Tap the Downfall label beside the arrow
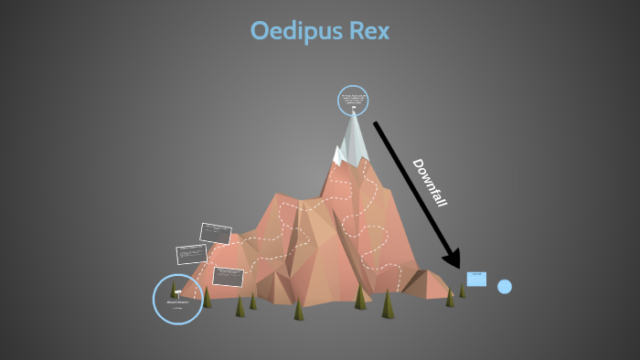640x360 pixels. point(429,182)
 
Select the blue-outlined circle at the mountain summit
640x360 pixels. point(353,101)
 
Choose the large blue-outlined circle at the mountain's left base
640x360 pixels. point(177,299)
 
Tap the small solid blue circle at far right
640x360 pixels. point(505,287)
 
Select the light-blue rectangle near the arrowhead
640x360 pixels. point(476,279)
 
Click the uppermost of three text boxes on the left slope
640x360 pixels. point(216,234)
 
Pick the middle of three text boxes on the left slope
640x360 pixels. point(192,253)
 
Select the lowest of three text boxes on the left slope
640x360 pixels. point(228,276)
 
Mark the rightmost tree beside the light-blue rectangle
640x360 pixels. point(462,291)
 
